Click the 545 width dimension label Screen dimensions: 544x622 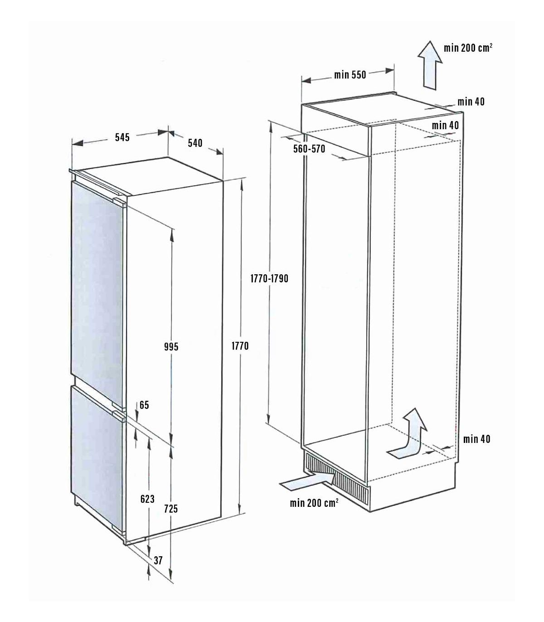pyautogui.click(x=122, y=137)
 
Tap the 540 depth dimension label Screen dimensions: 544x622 pyautogui.click(x=195, y=143)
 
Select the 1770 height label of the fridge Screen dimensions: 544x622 pyautogui.click(x=240, y=345)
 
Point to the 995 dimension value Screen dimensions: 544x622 pyautogui.click(x=171, y=346)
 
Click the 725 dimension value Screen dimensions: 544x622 pyautogui.click(x=171, y=509)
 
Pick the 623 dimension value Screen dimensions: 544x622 pyautogui.click(x=147, y=499)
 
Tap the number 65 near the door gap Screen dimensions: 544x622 pyautogui.click(x=144, y=405)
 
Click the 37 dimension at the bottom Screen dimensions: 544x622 pyautogui.click(x=158, y=560)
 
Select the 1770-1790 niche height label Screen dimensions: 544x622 pyautogui.click(x=269, y=278)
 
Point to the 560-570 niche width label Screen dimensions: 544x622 pyautogui.click(x=309, y=149)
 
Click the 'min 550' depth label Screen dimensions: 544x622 pyautogui.click(x=350, y=75)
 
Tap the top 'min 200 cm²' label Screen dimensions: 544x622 pyautogui.click(x=468, y=48)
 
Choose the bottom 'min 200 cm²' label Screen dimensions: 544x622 pyautogui.click(x=314, y=503)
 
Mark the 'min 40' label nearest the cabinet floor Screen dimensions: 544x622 pyautogui.click(x=476, y=439)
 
